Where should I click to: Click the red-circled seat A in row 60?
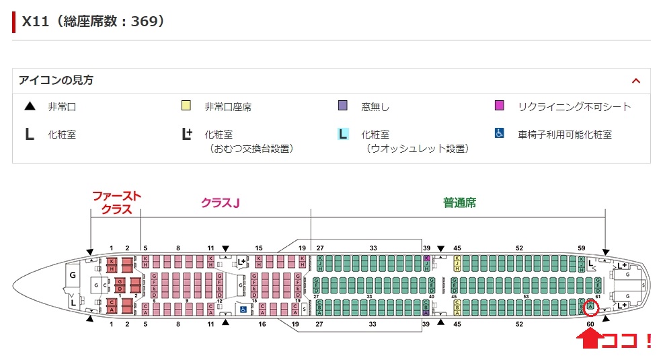coord(590,307)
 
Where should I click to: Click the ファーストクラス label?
coord(116,203)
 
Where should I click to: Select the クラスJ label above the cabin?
coord(221,202)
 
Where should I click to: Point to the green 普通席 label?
coord(459,202)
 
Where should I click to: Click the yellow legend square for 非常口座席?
coord(186,106)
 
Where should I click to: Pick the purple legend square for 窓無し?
coord(343,106)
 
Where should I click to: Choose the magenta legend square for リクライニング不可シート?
coord(500,106)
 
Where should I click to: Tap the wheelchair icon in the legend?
coord(500,133)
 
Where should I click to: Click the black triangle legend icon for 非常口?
coord(30,106)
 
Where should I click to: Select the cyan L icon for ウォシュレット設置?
coord(343,134)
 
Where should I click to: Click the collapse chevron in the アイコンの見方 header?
coord(636,80)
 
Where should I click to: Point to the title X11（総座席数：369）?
coord(93,21)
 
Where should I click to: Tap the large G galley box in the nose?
coord(73,275)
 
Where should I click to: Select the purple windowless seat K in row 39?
coord(426,258)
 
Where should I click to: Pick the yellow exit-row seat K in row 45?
coord(458,258)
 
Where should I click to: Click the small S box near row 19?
coord(305,309)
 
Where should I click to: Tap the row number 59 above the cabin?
coord(582,248)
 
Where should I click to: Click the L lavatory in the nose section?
coord(73,303)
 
